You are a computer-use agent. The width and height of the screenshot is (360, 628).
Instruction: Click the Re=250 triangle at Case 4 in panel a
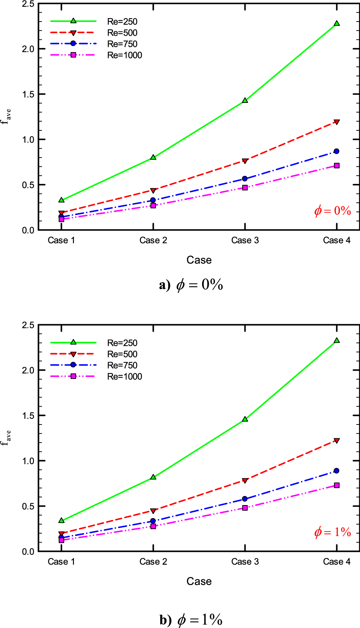337,23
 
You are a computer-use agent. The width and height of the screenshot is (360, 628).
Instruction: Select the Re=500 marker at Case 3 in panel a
245,161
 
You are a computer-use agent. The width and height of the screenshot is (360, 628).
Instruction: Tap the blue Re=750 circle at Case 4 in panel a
337,151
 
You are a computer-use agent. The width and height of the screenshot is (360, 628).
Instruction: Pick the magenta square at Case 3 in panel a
245,188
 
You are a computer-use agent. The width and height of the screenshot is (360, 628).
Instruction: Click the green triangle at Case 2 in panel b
153,477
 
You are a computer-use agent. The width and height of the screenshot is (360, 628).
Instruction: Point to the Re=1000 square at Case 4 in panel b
337,485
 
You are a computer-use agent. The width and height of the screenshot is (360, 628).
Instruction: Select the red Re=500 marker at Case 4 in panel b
337,440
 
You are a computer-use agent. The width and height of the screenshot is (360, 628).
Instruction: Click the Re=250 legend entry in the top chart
122,22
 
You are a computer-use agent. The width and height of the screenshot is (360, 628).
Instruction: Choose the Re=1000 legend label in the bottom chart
124,377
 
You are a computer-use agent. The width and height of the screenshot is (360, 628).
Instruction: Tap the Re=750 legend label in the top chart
122,44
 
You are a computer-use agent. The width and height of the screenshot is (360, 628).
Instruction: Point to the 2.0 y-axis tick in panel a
28,49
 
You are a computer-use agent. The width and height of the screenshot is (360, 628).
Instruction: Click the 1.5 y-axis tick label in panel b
28,416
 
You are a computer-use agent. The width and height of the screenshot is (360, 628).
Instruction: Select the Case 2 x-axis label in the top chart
153,240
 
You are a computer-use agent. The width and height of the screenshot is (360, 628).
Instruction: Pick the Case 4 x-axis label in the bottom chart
337,562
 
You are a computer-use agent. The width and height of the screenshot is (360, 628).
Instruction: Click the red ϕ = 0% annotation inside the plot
333,211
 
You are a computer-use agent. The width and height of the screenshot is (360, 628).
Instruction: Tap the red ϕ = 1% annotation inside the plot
333,532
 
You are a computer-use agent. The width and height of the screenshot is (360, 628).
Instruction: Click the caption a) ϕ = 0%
191,285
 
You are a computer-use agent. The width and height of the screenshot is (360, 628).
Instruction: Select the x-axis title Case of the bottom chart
199,581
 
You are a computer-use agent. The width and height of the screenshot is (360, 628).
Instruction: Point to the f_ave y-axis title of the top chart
6,117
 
